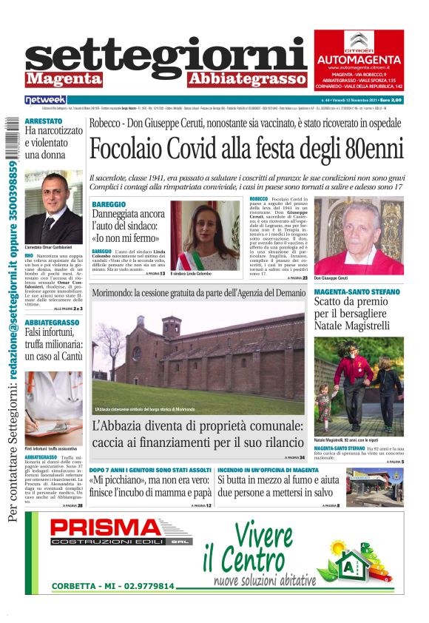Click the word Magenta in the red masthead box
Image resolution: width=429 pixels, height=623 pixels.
coord(64,78)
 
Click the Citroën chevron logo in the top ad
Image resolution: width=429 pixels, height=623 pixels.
coord(358,41)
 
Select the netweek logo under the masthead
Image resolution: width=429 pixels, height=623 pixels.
coord(46,99)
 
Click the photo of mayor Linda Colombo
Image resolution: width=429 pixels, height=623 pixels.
coord(206,235)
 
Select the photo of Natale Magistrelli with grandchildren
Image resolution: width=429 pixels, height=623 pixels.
coord(358,385)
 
